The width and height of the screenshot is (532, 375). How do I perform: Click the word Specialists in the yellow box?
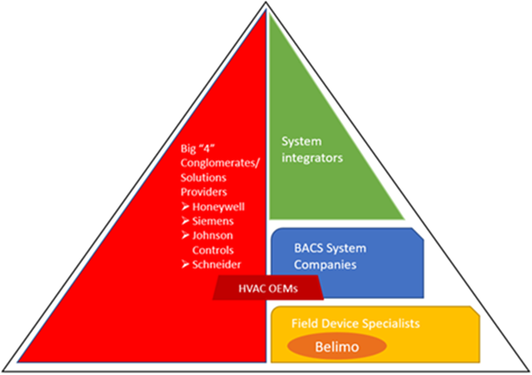coord(388,322)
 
